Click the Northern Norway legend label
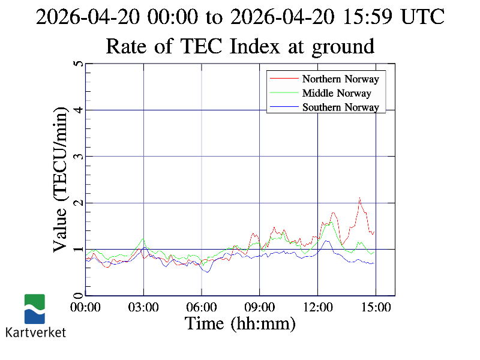[341, 79]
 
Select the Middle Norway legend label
[337, 93]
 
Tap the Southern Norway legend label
[341, 107]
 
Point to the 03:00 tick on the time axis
[143, 307]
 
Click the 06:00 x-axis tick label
[202, 307]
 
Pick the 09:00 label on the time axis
[260, 307]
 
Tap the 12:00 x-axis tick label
[317, 307]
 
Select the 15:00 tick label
[376, 307]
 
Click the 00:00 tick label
[86, 307]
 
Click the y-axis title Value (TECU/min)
[61, 179]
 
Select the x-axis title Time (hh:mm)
[240, 324]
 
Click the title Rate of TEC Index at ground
[240, 46]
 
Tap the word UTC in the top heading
[422, 17]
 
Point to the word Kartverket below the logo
[35, 332]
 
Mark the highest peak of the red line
[359, 198]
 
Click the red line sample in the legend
[284, 79]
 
